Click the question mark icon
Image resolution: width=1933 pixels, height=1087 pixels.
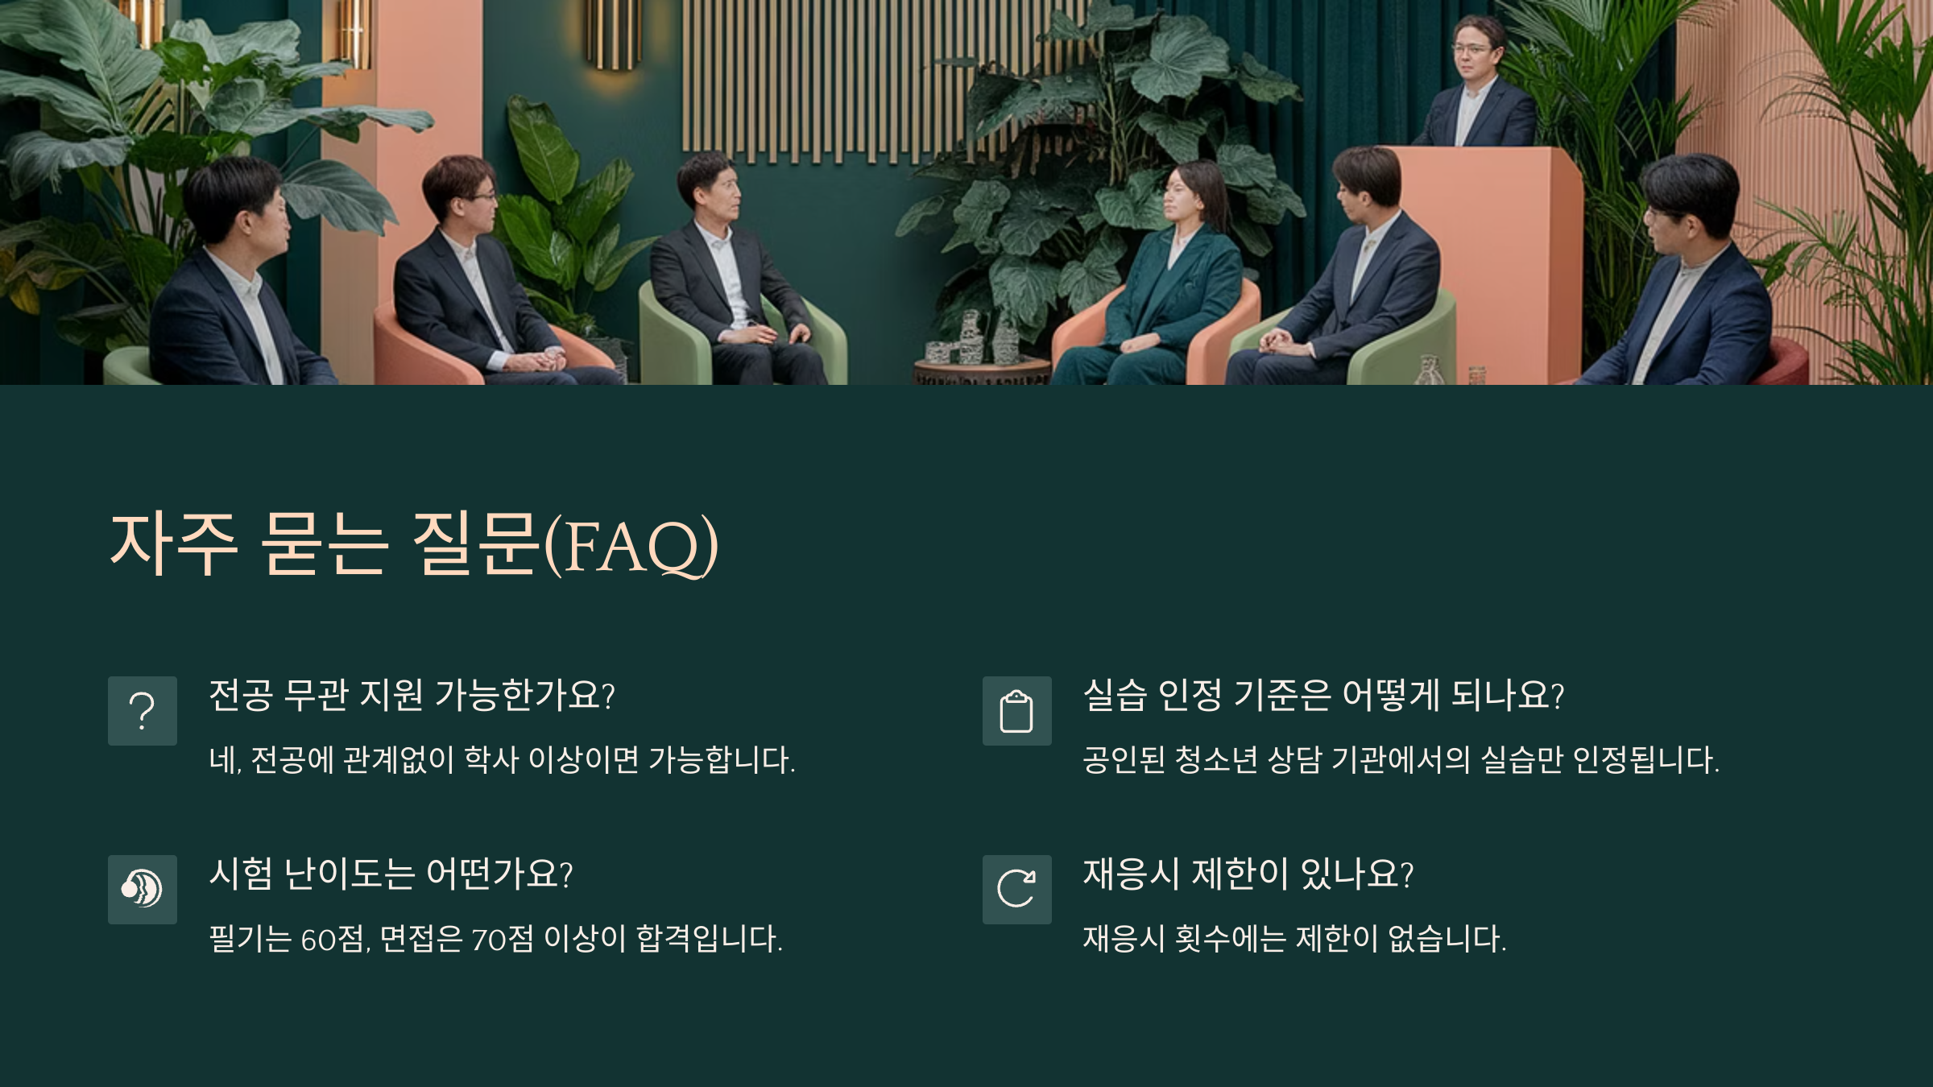[142, 711]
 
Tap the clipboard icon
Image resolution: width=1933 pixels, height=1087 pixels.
[1016, 711]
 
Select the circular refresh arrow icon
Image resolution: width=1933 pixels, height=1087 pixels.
[1016, 889]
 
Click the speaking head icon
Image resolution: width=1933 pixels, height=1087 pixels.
[142, 889]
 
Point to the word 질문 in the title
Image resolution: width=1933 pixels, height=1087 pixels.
[474, 543]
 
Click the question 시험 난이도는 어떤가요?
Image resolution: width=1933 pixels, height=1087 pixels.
[391, 874]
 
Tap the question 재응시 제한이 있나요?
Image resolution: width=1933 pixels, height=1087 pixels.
[1248, 874]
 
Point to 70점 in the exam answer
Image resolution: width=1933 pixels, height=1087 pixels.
[502, 939]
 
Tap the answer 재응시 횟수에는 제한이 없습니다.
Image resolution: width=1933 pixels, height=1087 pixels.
[1294, 939]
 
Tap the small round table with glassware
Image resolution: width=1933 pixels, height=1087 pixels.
[980, 372]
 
